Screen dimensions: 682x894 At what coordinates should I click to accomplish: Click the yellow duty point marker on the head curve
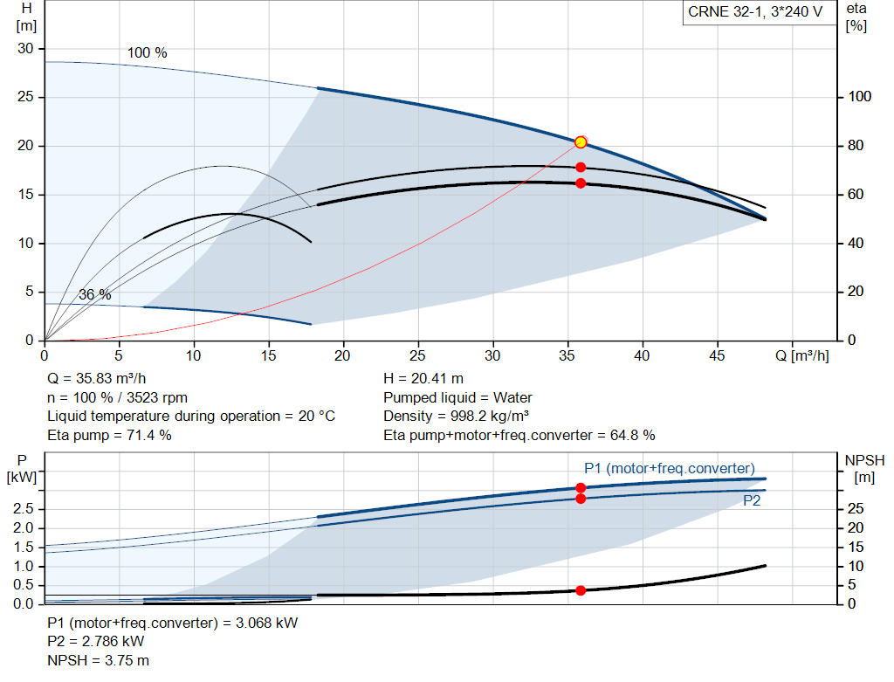pos(581,142)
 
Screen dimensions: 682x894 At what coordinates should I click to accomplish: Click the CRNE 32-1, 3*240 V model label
pos(754,13)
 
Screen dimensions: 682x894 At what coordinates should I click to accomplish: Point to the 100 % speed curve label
pos(147,53)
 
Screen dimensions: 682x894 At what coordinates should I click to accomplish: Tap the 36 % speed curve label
pos(95,295)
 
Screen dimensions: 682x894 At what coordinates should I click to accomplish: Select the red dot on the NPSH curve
pos(581,590)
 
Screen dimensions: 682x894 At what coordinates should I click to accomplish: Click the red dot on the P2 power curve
pos(581,499)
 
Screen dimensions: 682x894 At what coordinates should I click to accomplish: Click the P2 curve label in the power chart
pos(752,501)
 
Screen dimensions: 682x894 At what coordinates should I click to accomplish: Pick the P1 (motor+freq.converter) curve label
pos(669,468)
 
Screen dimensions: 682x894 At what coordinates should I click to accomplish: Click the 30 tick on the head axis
pos(25,49)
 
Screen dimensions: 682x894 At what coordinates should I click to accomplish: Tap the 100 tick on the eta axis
pos(860,97)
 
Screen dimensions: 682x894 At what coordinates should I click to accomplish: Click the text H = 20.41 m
pos(423,379)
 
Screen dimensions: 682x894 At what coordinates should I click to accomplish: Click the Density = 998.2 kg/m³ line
pos(457,416)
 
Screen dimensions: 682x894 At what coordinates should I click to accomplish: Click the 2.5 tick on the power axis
pos(25,508)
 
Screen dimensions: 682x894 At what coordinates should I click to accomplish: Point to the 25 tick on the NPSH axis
pos(856,508)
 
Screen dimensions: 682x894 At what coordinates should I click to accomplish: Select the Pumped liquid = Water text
pos(457,397)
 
